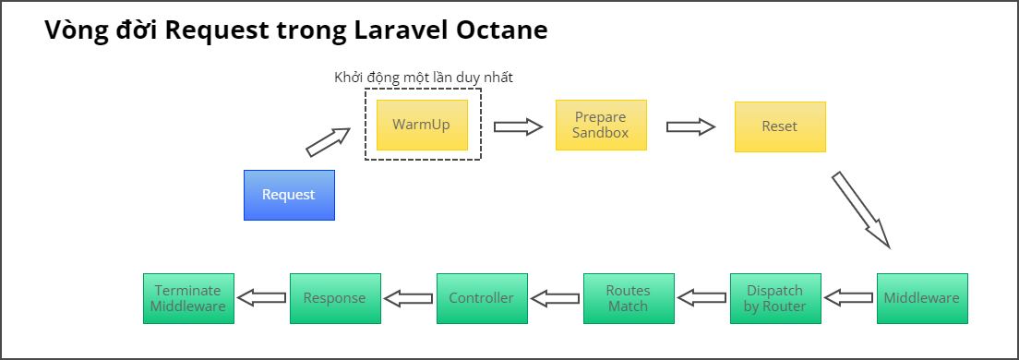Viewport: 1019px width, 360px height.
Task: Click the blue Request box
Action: (289, 195)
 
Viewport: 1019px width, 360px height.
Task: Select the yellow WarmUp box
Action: (422, 125)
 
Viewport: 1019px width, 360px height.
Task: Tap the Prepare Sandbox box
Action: (601, 125)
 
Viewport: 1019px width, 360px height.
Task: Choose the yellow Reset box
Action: (780, 126)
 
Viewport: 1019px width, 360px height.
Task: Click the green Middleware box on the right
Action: (922, 298)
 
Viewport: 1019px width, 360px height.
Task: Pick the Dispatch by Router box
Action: (775, 298)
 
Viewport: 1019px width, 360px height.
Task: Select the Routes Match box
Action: (629, 298)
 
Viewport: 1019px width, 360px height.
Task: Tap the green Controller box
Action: (482, 298)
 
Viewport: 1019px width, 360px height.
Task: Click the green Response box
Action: (335, 298)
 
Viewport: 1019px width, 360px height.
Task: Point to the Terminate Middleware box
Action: (189, 298)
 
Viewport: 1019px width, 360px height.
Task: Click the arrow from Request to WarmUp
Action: (329, 141)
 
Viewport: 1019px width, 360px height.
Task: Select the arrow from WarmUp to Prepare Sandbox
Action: (517, 126)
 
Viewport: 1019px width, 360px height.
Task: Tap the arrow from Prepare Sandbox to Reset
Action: (690, 126)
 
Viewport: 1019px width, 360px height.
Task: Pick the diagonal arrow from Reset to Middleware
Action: (860, 210)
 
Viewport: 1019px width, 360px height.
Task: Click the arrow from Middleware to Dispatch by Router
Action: (848, 298)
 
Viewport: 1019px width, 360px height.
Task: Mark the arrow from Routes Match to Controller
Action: (555, 298)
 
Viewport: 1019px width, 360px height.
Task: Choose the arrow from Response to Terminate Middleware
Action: (261, 298)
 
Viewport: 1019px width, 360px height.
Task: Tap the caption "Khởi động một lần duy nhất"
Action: (424, 78)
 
